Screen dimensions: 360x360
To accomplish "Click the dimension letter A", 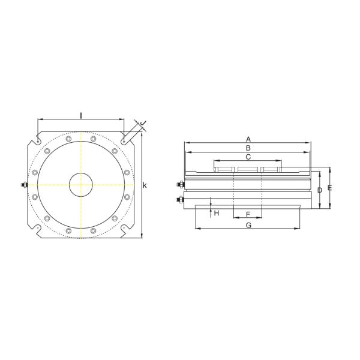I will [248, 139].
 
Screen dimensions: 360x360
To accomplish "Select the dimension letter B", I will [248, 148].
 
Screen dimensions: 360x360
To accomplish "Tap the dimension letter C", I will [248, 157].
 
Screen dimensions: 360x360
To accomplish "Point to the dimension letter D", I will [319, 190].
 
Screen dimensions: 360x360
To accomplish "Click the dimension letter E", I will [329, 188].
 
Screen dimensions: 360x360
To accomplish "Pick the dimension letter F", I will [248, 214].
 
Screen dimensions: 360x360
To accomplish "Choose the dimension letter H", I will [217, 213].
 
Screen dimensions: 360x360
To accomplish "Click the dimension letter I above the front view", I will [81, 114].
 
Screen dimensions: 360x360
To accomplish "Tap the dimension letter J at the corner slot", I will [143, 124].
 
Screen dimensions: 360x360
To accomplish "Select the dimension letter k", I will [145, 185].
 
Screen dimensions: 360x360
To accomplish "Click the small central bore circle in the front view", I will [81, 185].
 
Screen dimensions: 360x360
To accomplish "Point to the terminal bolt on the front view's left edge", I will [23, 185].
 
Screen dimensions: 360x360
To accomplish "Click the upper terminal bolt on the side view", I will [180, 185].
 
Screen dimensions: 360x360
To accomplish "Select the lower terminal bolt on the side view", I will [180, 199].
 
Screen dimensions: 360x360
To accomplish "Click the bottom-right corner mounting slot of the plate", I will [124, 229].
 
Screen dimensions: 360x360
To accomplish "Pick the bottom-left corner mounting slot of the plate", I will [38, 229].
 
